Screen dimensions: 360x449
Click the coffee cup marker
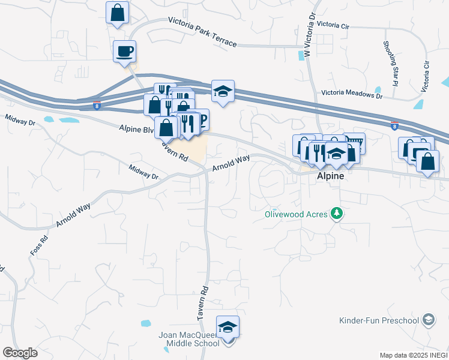click(124, 51)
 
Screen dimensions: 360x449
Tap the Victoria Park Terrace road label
click(203, 31)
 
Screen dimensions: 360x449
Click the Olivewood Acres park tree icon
click(338, 214)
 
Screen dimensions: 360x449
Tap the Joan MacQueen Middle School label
click(189, 339)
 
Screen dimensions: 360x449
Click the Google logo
click(20, 353)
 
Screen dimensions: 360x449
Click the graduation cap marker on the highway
click(223, 91)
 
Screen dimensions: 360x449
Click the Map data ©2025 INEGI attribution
click(412, 355)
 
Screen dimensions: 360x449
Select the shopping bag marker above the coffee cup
click(118, 13)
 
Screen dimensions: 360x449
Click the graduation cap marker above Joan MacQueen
click(228, 327)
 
